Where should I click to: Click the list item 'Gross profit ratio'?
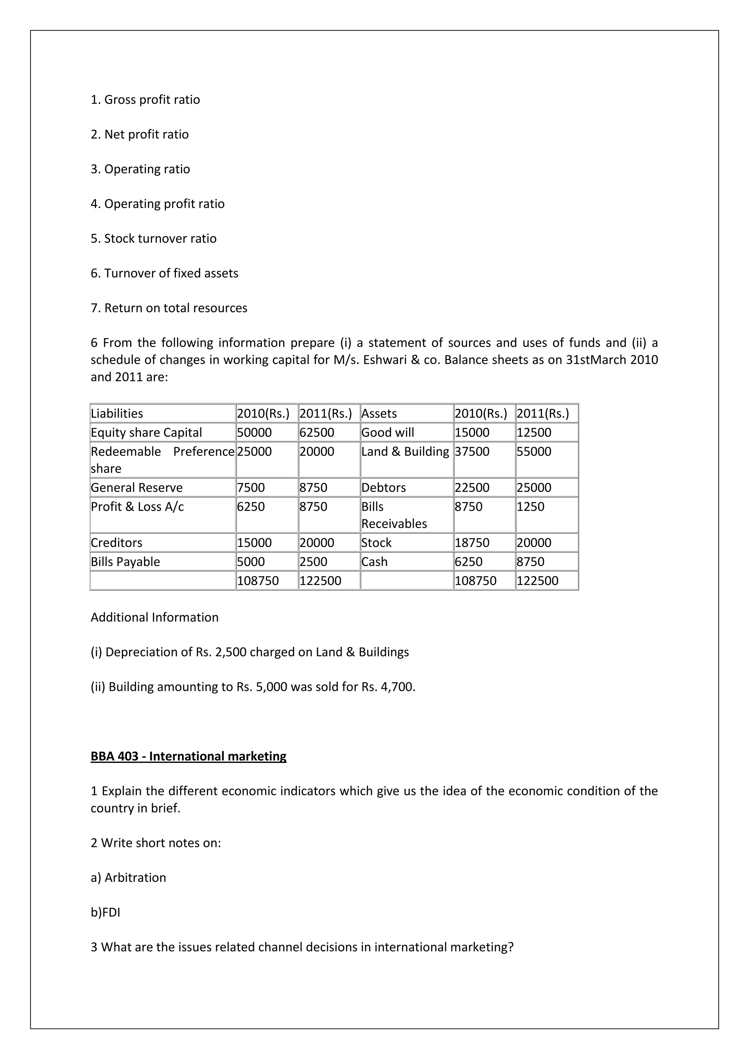(145, 99)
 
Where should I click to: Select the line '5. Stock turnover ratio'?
(154, 238)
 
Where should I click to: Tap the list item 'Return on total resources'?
(169, 308)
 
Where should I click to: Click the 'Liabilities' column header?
(117, 413)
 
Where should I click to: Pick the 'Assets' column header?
(379, 413)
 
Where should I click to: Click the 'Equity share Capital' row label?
(146, 433)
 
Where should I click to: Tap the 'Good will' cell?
(388, 433)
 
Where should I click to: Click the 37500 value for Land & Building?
(472, 452)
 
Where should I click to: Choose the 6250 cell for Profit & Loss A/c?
(251, 507)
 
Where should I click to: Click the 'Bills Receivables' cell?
(394, 515)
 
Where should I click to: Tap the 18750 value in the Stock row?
(472, 543)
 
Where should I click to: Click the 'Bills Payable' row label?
(125, 562)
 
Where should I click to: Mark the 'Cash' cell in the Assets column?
(374, 562)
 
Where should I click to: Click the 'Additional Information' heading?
(154, 618)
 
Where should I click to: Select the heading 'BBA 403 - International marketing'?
(188, 757)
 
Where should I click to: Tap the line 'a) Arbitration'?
(128, 878)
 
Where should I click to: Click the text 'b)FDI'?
(105, 912)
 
